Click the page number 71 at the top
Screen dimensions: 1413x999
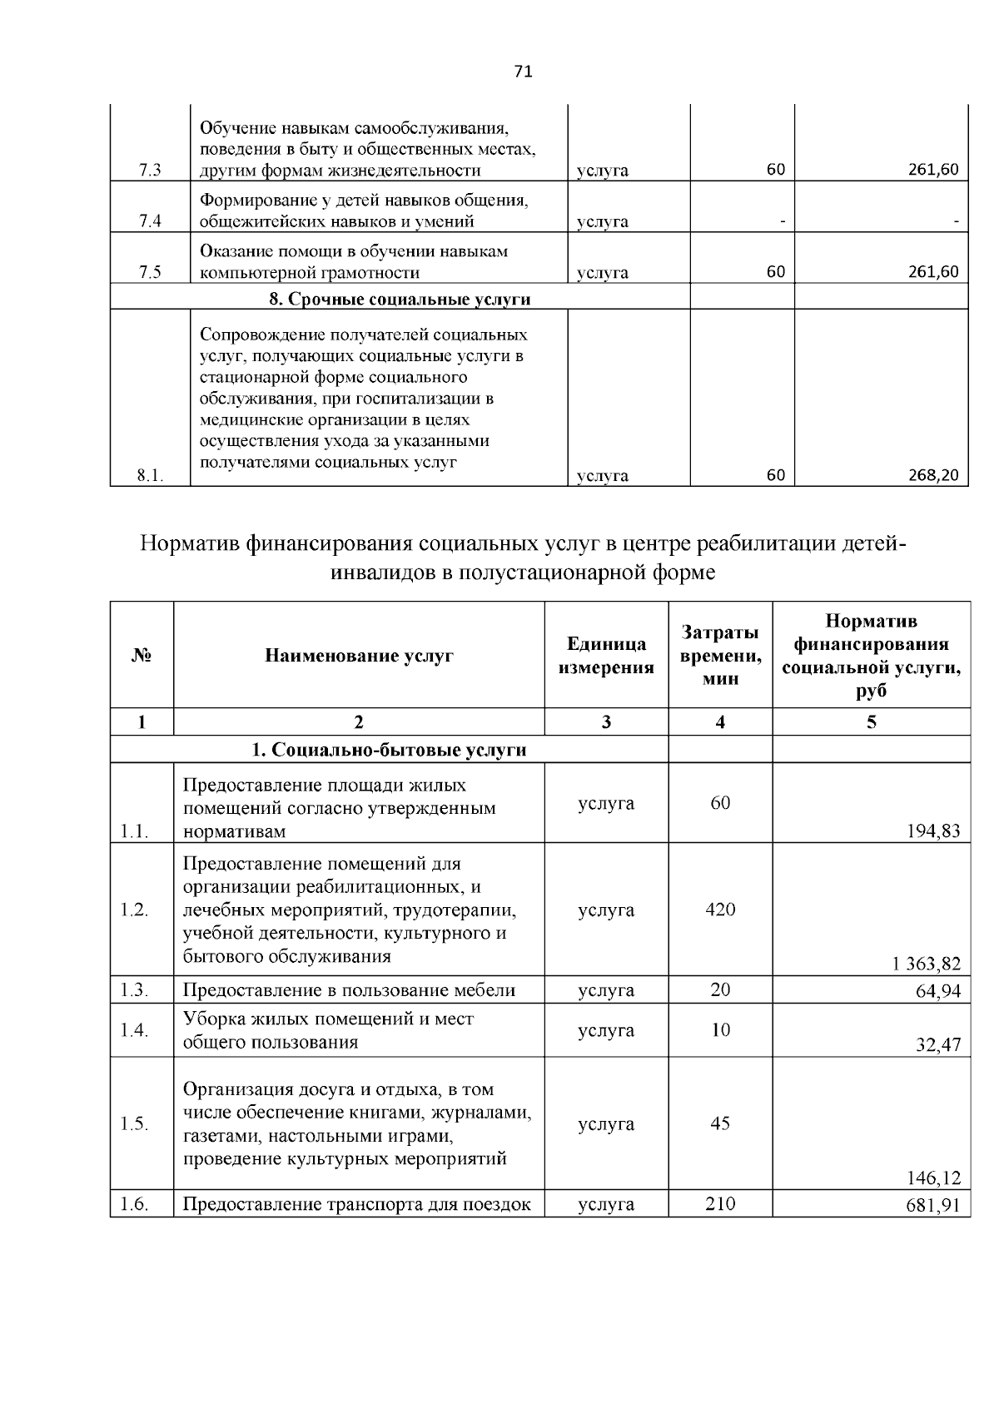[x=523, y=72]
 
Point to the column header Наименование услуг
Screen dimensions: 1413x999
[x=359, y=656]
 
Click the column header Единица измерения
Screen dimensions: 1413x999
[x=606, y=656]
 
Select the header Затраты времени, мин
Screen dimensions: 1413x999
[x=720, y=656]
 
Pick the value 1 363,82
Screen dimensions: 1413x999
[x=926, y=964]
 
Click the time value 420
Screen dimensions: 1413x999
[x=720, y=910]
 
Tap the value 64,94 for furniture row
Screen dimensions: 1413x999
[x=938, y=991]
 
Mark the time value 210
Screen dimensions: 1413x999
[x=720, y=1203]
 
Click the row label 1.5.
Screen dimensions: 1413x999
[x=134, y=1124]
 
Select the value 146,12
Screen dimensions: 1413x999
[x=933, y=1177]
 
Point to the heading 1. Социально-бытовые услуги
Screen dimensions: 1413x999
[x=390, y=750]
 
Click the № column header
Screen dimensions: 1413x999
[x=142, y=656]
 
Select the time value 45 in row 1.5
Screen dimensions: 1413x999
[x=720, y=1124]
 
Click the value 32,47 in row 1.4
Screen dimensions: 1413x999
[x=938, y=1045]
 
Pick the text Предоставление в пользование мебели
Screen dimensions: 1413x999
[x=349, y=990]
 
